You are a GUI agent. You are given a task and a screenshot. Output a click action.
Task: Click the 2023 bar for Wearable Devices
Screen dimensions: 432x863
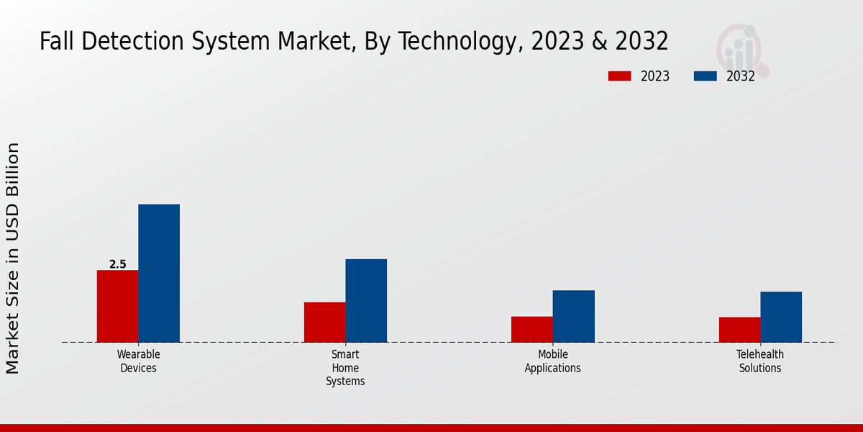pyautogui.click(x=117, y=306)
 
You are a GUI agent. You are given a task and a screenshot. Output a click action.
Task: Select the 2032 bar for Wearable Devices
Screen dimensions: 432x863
pyautogui.click(x=159, y=274)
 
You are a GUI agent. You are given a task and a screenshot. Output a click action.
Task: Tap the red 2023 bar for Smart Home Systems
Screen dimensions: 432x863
pyautogui.click(x=324, y=322)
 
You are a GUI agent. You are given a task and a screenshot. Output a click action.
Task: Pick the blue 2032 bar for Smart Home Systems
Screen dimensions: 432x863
pyautogui.click(x=366, y=300)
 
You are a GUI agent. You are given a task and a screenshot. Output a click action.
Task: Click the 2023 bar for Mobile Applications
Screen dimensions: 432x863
pyautogui.click(x=532, y=329)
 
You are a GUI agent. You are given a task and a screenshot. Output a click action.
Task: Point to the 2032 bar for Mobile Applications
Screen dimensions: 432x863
pyautogui.click(x=574, y=316)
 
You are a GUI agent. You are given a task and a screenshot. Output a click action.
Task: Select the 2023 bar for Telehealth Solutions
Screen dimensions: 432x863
pyautogui.click(x=739, y=330)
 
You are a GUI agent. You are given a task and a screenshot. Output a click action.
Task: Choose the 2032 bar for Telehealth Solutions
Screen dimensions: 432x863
pyautogui.click(x=781, y=317)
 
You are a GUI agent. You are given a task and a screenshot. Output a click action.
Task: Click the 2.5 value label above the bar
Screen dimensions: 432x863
pyautogui.click(x=117, y=264)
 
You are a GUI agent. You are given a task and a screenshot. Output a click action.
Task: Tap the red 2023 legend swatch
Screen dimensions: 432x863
pyautogui.click(x=619, y=76)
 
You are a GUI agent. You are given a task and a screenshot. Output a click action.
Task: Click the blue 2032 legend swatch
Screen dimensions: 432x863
pyautogui.click(x=706, y=76)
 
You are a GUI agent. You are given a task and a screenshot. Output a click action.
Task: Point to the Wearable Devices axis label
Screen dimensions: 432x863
pyautogui.click(x=138, y=361)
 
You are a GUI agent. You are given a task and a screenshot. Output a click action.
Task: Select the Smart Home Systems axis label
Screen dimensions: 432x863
pyautogui.click(x=345, y=367)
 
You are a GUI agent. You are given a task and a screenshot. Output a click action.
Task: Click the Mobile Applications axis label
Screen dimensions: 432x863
pyautogui.click(x=552, y=361)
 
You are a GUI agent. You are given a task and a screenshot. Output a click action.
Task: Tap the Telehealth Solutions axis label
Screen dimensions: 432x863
pyautogui.click(x=760, y=361)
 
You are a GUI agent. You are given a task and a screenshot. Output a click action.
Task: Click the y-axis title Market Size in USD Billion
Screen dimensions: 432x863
pyautogui.click(x=13, y=258)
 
